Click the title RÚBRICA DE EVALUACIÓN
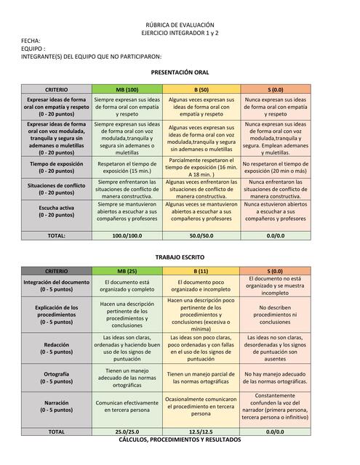point(180,25)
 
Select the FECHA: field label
point(31,41)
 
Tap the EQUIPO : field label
point(34,49)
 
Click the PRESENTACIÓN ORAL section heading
point(180,73)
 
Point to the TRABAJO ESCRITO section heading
point(180,257)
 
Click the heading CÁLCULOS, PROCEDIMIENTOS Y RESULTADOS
point(180,440)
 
